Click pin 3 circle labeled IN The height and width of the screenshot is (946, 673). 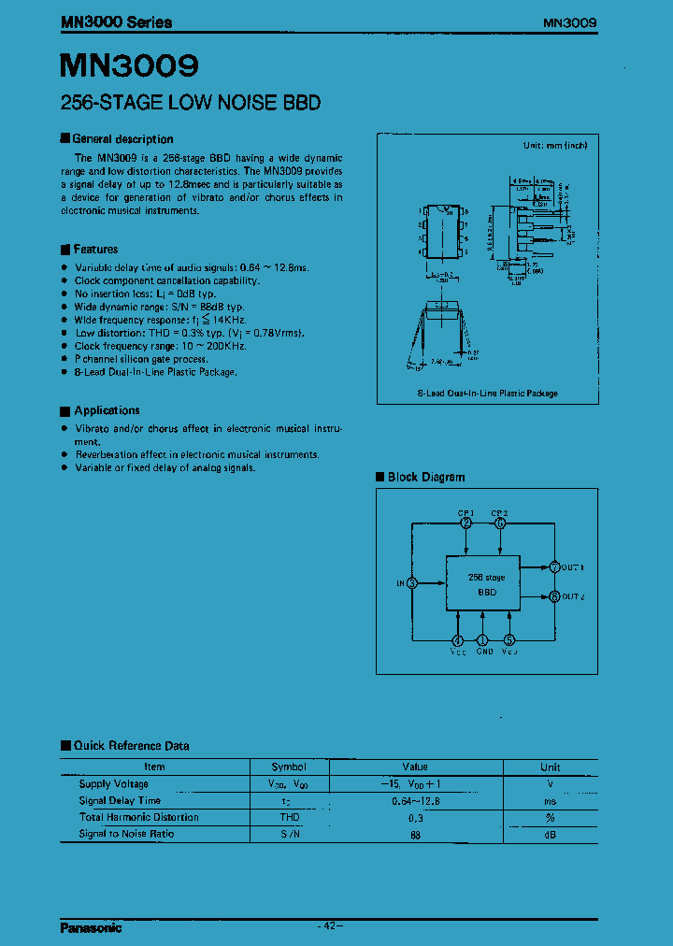[x=412, y=583]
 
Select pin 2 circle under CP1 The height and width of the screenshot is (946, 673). [x=466, y=523]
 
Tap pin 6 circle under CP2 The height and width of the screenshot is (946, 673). [x=500, y=523]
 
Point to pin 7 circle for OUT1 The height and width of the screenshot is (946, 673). [x=554, y=566]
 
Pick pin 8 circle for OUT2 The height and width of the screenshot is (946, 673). [x=554, y=596]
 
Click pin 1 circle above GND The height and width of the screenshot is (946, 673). [x=483, y=640]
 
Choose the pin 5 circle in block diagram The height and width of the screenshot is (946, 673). [x=509, y=640]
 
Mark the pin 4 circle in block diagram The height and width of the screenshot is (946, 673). [x=458, y=640]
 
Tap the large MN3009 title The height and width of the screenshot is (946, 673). [x=130, y=66]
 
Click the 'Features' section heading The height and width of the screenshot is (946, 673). [x=95, y=250]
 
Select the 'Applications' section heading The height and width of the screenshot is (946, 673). [x=107, y=410]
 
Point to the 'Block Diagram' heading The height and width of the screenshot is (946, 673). [x=425, y=478]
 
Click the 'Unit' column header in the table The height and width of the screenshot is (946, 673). [x=551, y=767]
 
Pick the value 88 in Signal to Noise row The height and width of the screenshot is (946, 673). [x=415, y=834]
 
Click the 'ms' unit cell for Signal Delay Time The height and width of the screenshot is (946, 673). [x=551, y=800]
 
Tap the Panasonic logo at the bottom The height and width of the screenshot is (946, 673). [x=92, y=928]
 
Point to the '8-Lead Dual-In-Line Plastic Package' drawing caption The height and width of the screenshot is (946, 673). [x=488, y=394]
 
